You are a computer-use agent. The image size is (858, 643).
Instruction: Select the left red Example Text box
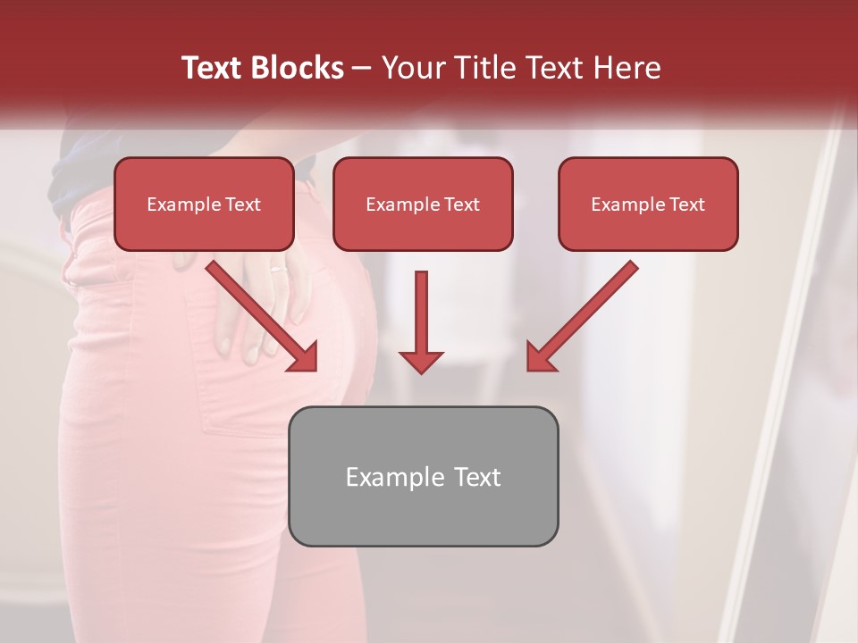(x=204, y=204)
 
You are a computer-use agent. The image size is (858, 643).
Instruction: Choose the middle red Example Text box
(x=423, y=204)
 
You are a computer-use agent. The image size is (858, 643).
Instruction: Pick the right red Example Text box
(x=648, y=204)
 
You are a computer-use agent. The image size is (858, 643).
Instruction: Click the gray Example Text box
(x=423, y=476)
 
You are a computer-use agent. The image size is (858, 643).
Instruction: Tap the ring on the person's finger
(x=278, y=267)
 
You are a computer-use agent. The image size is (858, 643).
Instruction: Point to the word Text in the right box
(x=686, y=205)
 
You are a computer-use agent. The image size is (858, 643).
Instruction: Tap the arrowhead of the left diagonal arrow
(x=304, y=357)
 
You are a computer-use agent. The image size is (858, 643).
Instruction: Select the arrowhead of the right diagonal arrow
(x=540, y=357)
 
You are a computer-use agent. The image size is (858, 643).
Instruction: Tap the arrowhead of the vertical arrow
(x=421, y=360)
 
